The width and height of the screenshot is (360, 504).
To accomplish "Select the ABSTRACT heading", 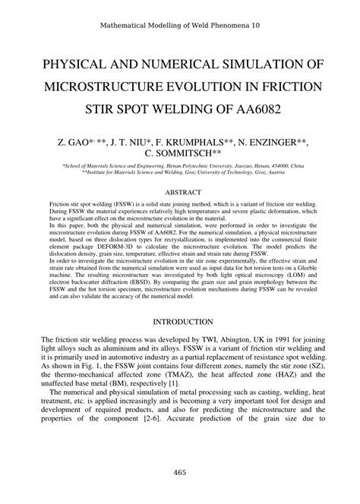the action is coord(180,192).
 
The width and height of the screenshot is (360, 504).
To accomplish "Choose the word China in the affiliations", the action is coord(296,164).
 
